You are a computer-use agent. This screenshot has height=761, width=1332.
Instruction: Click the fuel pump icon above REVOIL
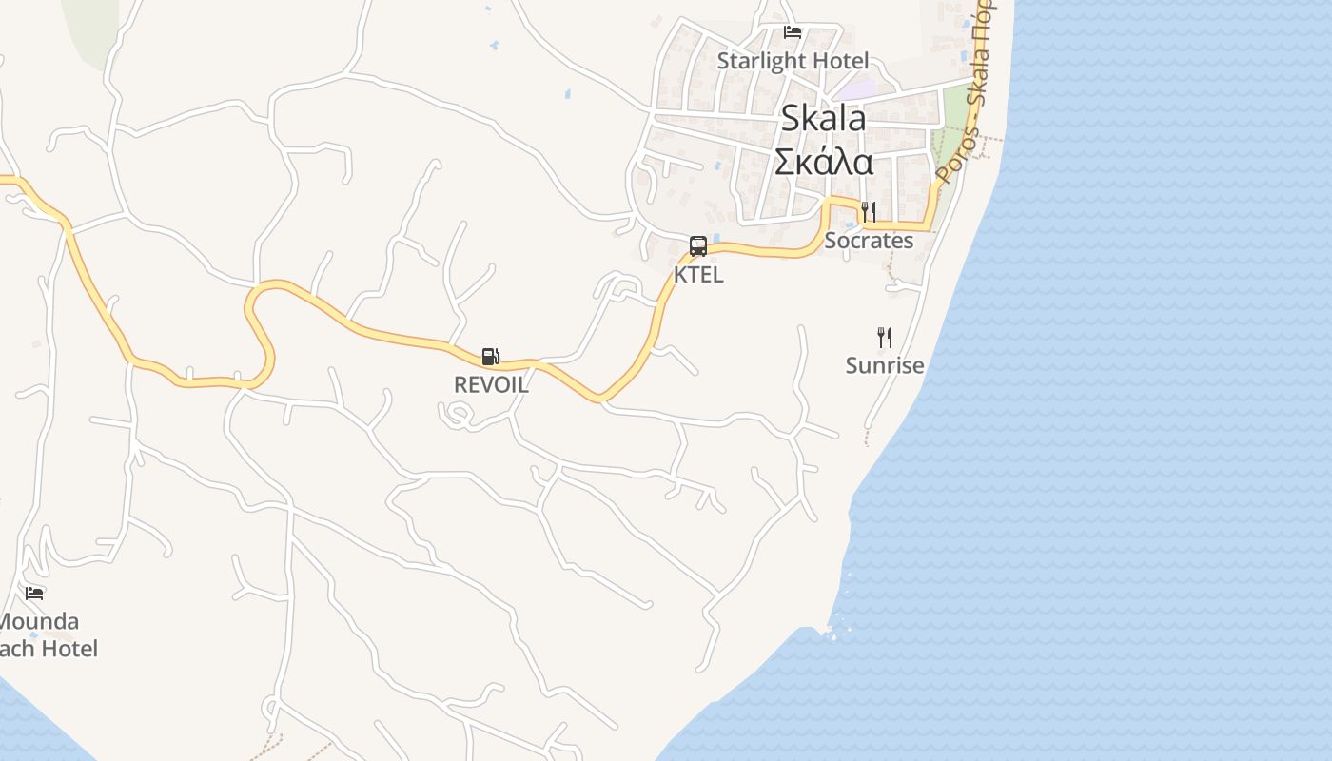[490, 357]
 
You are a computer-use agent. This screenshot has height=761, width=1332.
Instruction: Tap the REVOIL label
[491, 385]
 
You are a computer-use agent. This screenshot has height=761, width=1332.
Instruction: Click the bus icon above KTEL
[698, 246]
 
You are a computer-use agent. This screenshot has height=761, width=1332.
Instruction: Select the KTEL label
[698, 275]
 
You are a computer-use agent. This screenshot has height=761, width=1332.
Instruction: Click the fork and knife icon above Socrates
[868, 211]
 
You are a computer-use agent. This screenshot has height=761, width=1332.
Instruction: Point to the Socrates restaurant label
[869, 241]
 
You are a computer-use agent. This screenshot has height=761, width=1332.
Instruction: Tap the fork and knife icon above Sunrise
[885, 337]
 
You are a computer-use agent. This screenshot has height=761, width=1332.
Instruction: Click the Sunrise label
[885, 365]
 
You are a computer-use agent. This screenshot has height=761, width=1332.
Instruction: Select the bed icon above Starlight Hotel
[792, 32]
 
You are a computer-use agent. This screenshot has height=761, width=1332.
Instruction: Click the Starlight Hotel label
[793, 61]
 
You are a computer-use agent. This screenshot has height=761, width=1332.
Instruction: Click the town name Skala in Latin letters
[823, 119]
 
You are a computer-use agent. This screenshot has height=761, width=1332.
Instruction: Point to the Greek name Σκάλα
[823, 162]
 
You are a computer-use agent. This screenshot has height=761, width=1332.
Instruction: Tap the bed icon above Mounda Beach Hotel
[35, 594]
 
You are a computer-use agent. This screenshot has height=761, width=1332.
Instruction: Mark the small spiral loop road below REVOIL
[458, 414]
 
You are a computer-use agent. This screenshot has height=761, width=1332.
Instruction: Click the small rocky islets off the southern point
[835, 623]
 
